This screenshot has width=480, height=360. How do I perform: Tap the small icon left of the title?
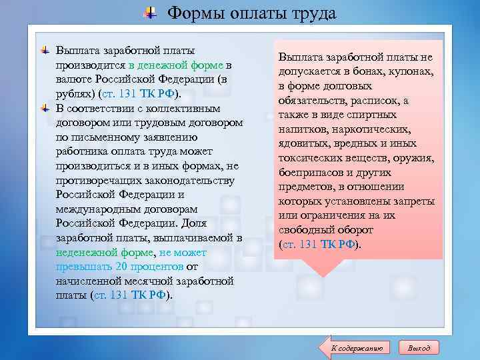pos(151,13)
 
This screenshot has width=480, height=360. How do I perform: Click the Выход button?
pos(419,347)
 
